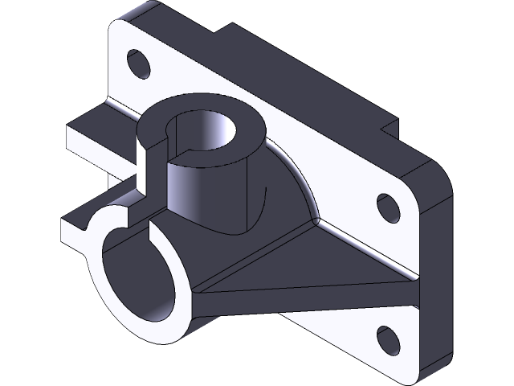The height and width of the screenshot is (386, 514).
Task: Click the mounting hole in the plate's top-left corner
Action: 137,64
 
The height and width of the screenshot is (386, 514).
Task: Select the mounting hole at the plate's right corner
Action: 388,207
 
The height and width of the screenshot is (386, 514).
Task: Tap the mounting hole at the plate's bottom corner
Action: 388,339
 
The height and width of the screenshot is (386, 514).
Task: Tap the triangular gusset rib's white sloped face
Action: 321,257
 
